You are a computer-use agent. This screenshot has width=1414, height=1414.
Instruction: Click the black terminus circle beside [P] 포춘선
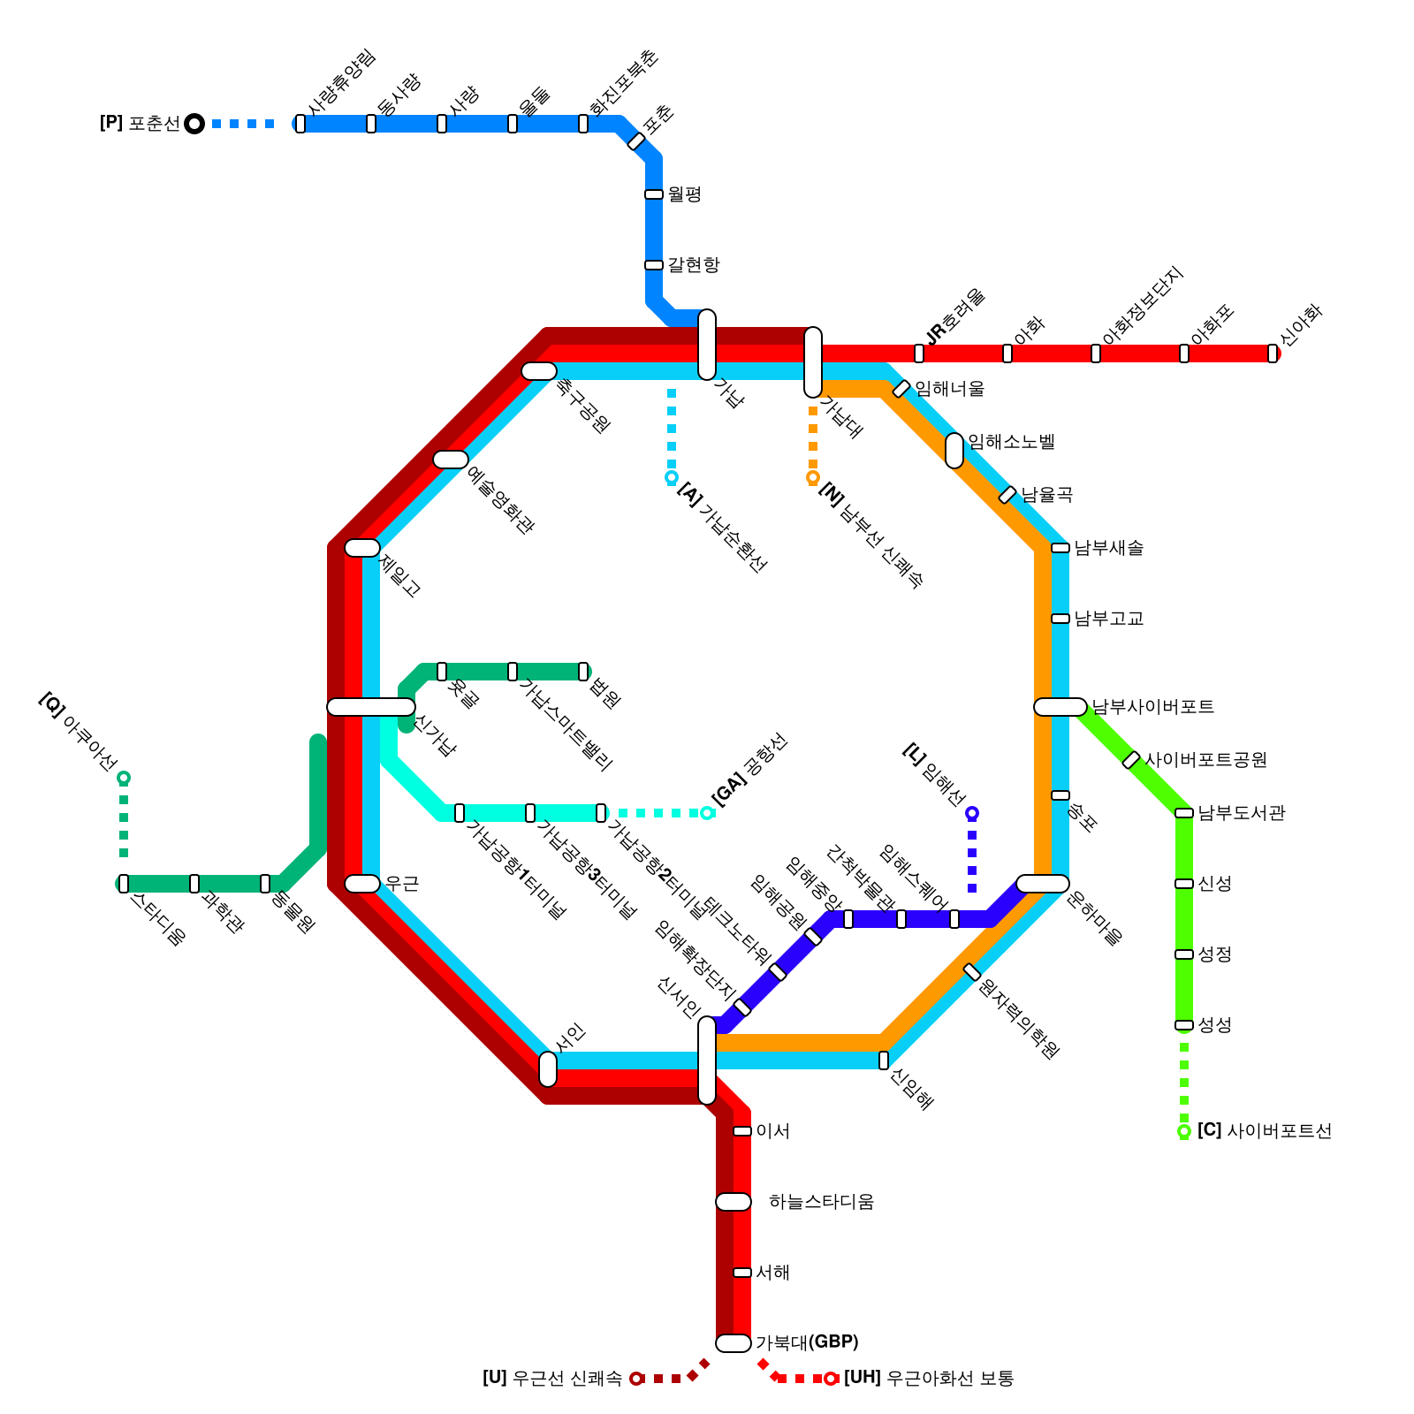pos(194,124)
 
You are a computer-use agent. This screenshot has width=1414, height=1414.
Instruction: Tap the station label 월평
pos(684,194)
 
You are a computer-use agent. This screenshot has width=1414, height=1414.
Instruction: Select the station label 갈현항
pos(693,265)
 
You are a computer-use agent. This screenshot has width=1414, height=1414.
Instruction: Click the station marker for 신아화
pos(1273,353)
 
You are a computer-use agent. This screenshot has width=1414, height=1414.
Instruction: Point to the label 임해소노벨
pos(1011,442)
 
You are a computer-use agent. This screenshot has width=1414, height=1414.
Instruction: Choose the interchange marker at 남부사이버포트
pos(1060,707)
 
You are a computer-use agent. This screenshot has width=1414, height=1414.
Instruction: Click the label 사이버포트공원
pos(1205,760)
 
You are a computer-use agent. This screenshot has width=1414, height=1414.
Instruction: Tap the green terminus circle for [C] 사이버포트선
pos(1184,1131)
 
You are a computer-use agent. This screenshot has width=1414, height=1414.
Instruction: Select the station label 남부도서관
pos(1241,813)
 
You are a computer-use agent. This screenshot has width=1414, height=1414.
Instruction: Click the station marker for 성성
pos(1184,1025)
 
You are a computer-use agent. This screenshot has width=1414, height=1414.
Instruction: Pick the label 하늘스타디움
pos(821,1202)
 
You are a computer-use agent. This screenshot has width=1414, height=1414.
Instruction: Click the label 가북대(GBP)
pos(807,1343)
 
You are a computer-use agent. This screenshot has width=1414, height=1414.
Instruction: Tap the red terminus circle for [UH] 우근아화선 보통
pos(831,1379)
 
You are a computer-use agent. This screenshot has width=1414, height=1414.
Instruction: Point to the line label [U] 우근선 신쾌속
pos(551,1379)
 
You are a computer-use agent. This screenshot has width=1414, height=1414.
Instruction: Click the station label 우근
pos(401,884)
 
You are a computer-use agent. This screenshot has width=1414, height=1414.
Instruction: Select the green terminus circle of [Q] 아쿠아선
pos(124,778)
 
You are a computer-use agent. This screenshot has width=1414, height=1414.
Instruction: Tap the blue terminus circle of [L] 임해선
pos(972,813)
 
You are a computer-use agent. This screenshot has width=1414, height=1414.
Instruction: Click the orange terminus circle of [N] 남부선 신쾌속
pos(813,477)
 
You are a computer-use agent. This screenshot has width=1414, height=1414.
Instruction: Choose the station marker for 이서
pos(742,1131)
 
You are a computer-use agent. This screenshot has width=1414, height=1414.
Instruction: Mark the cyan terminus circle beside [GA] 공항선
pos(707,813)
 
